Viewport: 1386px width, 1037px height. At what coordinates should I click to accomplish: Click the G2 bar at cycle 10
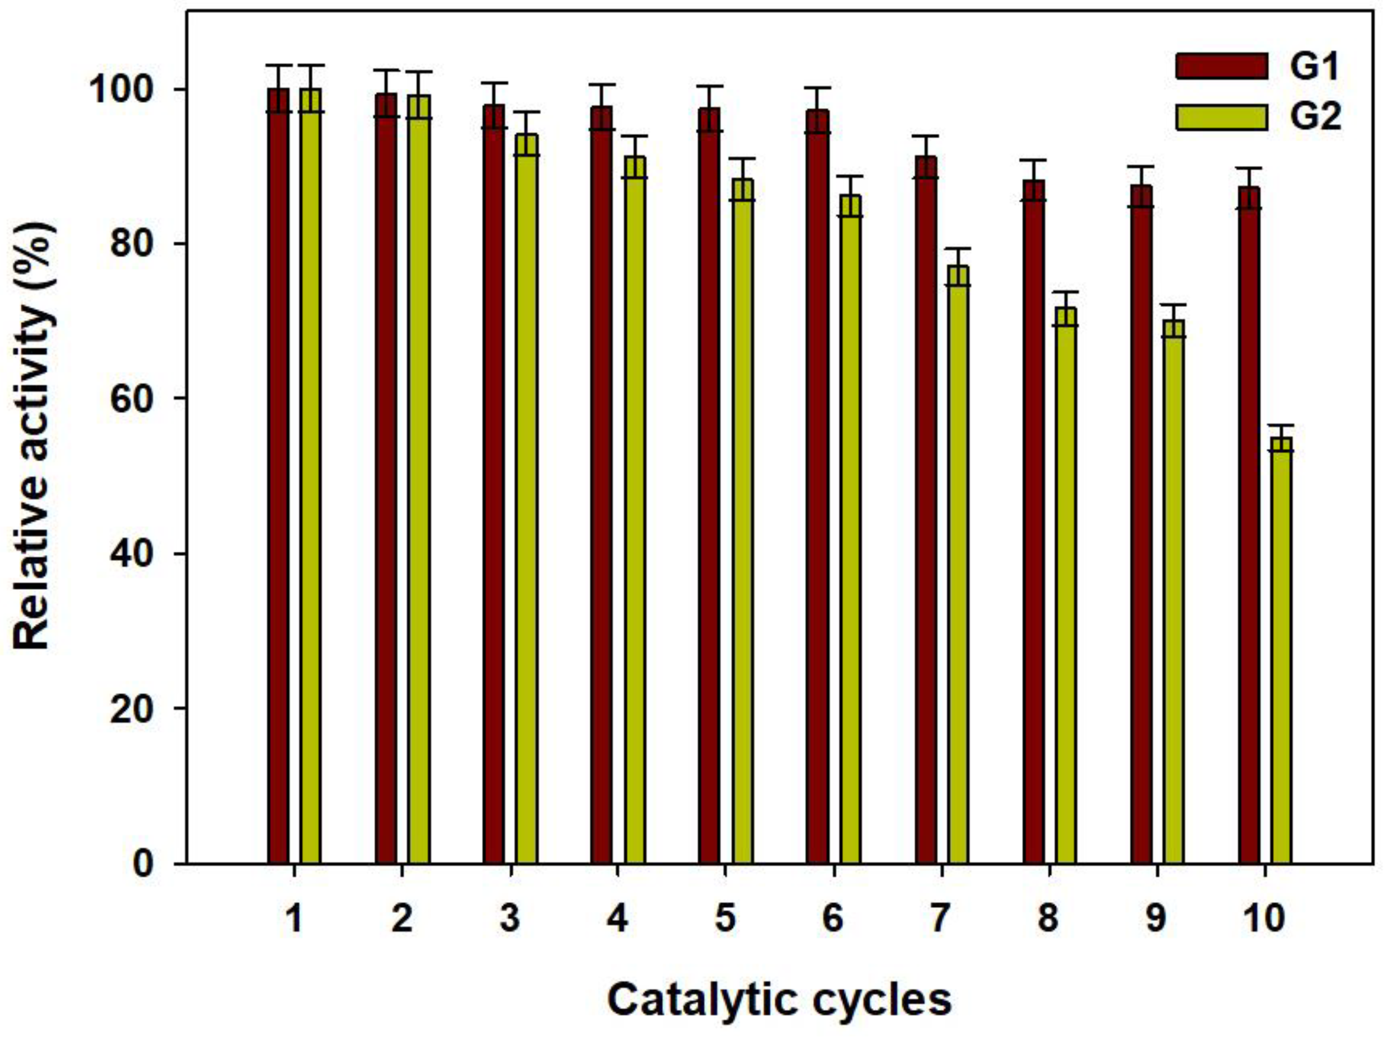[x=1282, y=652]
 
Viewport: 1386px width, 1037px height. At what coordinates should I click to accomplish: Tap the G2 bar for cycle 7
[x=958, y=564]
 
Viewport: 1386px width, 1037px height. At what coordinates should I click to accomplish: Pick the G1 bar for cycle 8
[x=1034, y=520]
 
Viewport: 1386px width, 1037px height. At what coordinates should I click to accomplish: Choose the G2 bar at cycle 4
[x=635, y=511]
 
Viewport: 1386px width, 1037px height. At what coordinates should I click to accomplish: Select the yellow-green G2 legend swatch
[x=1221, y=117]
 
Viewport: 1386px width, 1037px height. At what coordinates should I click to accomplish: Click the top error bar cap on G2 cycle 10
[x=1282, y=425]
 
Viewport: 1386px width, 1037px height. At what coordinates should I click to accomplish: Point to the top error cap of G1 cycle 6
[x=818, y=88]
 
